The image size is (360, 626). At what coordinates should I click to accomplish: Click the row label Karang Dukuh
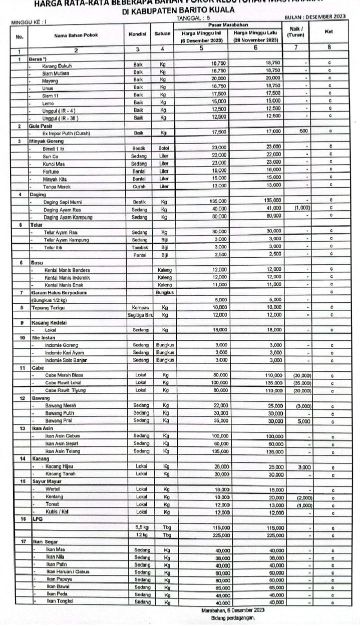(57, 65)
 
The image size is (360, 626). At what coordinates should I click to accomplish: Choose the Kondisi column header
(138, 35)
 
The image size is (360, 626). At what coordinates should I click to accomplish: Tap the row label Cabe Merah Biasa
(65, 375)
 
